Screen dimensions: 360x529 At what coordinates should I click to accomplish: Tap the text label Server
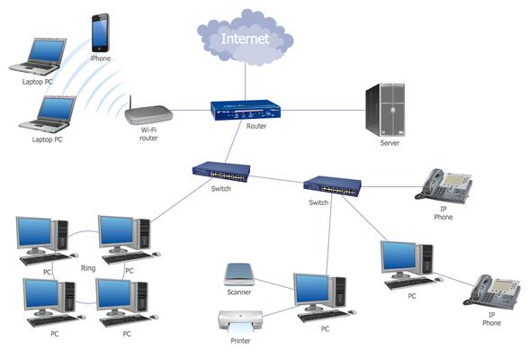pos(390,143)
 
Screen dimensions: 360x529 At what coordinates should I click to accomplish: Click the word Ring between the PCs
pos(87,267)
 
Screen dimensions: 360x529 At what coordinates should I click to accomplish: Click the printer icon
pos(240,319)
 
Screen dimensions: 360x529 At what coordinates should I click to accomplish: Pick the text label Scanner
pos(238,292)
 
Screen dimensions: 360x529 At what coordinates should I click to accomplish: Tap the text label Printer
pos(239,341)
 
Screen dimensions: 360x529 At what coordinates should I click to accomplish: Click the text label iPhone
pos(101,58)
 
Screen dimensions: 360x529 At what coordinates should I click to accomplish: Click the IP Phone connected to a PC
pos(492,292)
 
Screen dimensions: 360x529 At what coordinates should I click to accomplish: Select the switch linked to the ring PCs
pos(220,172)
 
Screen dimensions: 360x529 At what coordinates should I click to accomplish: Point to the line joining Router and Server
pos(315,111)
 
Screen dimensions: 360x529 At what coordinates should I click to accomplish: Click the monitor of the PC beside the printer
pos(314,290)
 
